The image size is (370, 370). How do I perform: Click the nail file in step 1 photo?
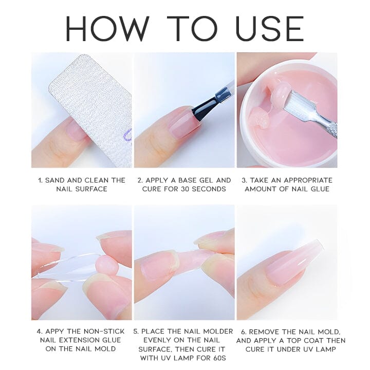pyautogui.click(x=90, y=103)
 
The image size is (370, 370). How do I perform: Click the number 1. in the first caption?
pyautogui.click(x=40, y=180)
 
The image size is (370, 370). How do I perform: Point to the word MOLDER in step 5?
pyautogui.click(x=218, y=331)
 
